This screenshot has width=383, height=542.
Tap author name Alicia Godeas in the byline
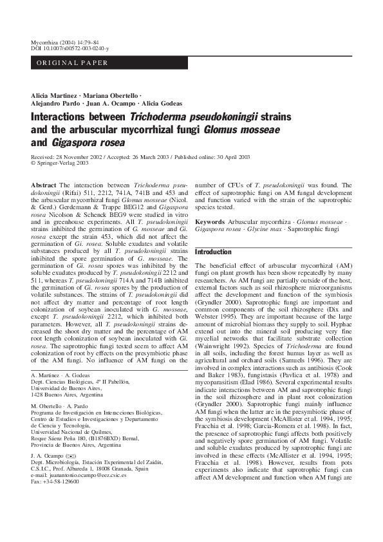(162, 103)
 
